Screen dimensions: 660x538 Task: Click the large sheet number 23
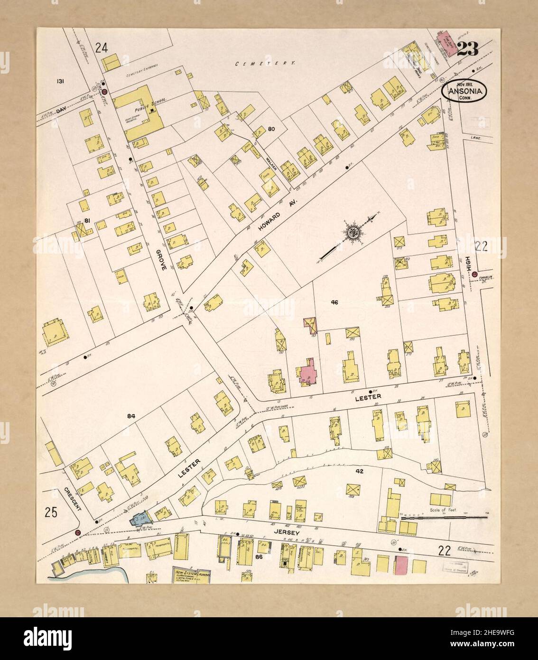tap(468, 49)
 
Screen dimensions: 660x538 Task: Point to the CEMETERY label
tap(266, 63)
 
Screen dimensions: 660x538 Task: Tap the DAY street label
tap(61, 110)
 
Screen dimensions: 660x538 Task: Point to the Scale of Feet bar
tap(444, 519)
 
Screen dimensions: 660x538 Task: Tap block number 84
tap(131, 416)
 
